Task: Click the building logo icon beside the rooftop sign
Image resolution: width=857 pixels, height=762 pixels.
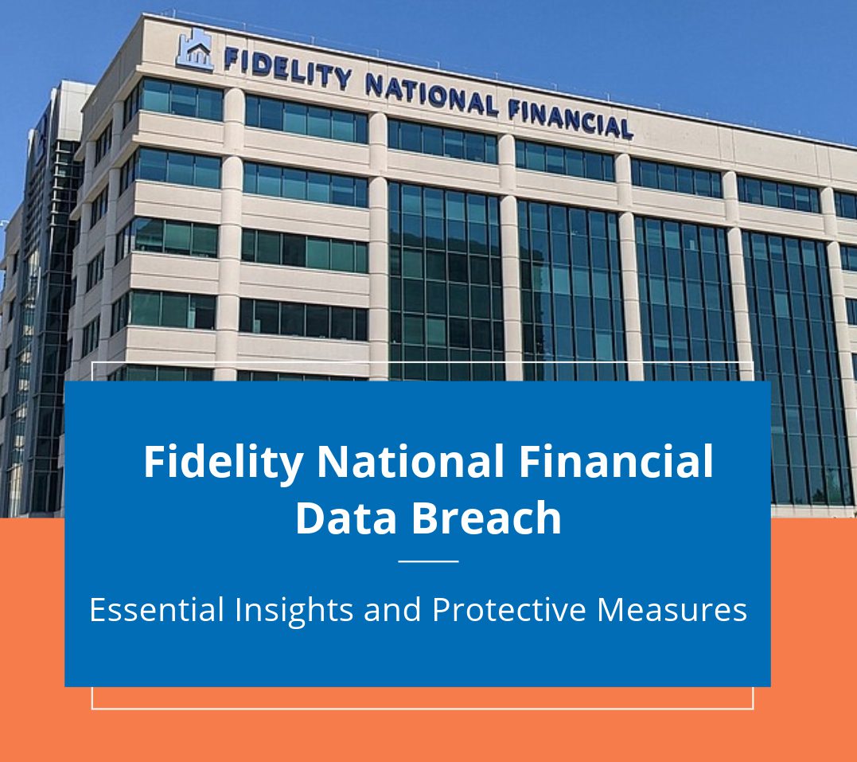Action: (195, 49)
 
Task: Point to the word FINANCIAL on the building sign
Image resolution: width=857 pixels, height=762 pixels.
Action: (571, 118)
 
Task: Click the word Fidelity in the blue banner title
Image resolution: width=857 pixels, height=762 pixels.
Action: (224, 463)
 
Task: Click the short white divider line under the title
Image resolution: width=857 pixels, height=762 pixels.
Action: (428, 561)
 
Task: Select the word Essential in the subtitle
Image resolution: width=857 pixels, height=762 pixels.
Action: (157, 609)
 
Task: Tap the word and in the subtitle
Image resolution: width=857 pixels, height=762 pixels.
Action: (392, 609)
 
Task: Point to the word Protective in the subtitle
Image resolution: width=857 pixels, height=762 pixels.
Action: (508, 609)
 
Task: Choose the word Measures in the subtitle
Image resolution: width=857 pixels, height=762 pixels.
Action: (672, 609)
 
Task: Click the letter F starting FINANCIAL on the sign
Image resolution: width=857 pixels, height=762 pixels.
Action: (514, 109)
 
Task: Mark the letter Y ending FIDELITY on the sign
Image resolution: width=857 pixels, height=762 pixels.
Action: (343, 79)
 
